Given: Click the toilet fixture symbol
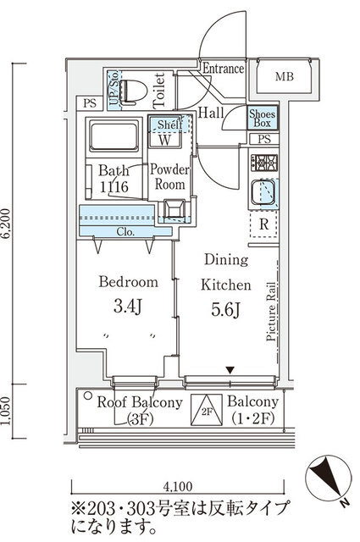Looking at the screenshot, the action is coord(134,92).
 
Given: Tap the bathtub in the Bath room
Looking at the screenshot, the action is coord(114,135).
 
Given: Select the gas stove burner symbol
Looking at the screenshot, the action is coord(264,163).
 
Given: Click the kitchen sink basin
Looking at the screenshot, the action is coord(263,192).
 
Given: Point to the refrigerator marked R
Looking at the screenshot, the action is coord(264,224).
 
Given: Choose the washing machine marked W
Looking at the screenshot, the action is coord(165,140).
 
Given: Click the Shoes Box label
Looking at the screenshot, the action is coord(263,118).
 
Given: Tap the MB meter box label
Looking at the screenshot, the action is coord(285,76).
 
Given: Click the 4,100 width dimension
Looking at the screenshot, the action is coord(177,486).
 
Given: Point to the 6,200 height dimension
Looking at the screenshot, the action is coord(6,224).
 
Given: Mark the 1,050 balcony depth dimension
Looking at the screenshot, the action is coord(6,411).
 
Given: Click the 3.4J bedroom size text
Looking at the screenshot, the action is coord(128,306).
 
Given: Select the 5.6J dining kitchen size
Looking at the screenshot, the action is coord(225,309).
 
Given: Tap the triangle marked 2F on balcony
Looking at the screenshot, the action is coord(207,410).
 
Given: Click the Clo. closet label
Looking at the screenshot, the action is coord(125,231).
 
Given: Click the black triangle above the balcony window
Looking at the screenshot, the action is coord(230,370).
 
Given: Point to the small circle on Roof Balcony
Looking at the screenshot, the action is coord(88,395).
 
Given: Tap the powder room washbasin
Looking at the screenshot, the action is coord(174,209).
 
